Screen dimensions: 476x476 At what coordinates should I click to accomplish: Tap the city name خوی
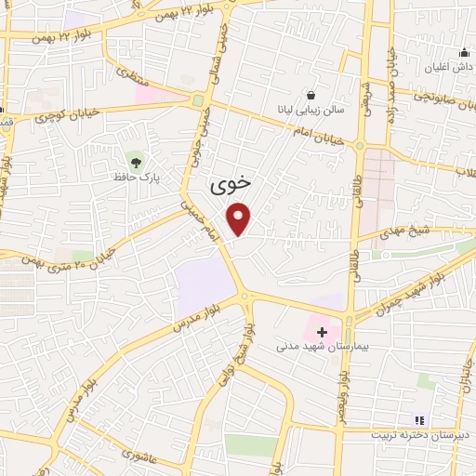(231, 184)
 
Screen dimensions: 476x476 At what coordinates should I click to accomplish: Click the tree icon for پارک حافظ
(137, 162)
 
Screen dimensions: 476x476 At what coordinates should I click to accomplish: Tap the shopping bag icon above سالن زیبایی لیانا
(311, 95)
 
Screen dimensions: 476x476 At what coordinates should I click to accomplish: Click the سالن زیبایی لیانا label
(314, 110)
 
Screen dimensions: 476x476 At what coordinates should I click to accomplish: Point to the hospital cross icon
(322, 331)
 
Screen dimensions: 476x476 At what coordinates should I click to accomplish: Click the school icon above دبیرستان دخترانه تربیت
(417, 420)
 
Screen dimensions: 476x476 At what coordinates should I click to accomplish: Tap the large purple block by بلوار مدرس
(205, 285)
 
